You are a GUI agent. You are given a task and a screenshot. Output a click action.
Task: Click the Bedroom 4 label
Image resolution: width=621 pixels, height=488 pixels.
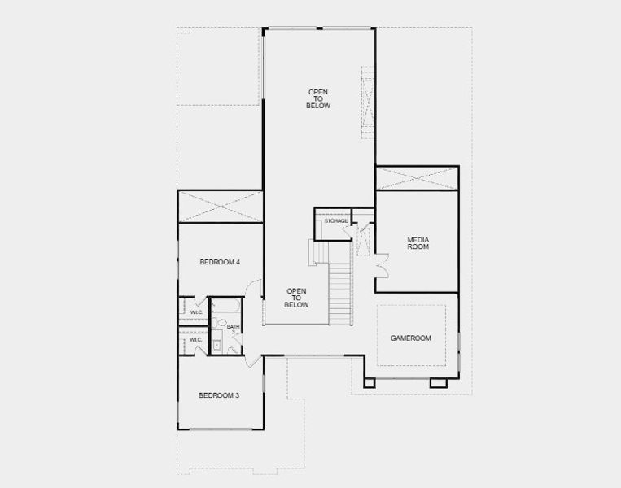click(x=220, y=262)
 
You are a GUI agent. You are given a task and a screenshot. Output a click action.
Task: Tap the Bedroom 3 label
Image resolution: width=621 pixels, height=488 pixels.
click(x=219, y=395)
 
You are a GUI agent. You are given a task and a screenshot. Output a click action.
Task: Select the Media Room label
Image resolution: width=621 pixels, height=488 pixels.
click(x=418, y=242)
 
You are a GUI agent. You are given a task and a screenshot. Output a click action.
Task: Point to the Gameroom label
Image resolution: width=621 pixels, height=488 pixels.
click(x=411, y=338)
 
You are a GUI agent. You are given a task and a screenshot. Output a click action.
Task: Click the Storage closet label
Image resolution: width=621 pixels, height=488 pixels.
click(x=336, y=221)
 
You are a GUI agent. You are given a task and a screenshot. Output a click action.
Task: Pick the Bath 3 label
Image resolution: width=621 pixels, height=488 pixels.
click(x=232, y=329)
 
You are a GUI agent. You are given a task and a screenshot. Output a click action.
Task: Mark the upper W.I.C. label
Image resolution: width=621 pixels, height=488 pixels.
click(x=196, y=312)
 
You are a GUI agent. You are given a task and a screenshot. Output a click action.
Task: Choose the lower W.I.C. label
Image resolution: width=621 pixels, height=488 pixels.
click(x=196, y=339)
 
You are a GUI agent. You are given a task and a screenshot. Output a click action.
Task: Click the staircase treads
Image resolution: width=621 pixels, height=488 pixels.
click(x=341, y=293)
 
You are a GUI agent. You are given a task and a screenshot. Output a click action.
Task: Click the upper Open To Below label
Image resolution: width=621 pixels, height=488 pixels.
click(x=318, y=98)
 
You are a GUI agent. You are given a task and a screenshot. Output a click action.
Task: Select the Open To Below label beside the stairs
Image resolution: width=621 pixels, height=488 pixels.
click(x=296, y=298)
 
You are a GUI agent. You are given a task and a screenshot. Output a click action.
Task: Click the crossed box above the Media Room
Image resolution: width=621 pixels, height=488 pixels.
click(x=417, y=178)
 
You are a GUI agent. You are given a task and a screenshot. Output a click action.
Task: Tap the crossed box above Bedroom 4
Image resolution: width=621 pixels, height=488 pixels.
click(x=220, y=207)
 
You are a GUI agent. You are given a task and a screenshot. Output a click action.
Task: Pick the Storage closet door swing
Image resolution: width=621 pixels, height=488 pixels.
click(x=351, y=233)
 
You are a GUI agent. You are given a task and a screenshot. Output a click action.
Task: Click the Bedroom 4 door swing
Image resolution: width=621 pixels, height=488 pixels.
click(x=254, y=289)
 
